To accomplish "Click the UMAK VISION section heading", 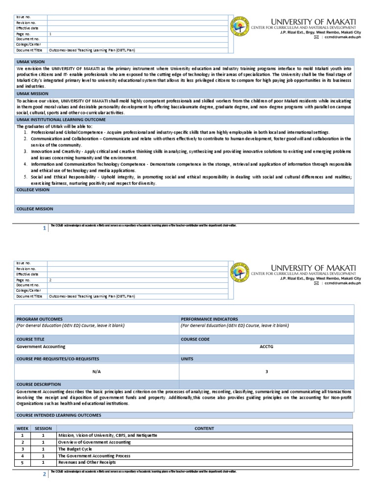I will pos(30,62).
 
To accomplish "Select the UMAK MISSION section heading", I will pos(31,94).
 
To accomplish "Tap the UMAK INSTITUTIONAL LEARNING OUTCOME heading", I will pos(61,120).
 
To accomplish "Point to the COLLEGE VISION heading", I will pos(33,189).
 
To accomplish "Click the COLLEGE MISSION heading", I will pos(35,209).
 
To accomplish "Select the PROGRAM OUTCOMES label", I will pos(40,319).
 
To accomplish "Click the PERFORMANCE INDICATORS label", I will pos(209,319).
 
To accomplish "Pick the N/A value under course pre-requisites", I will pos(96,371).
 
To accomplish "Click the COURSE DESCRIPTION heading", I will pos(39,385).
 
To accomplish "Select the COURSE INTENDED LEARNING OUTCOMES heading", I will pos(59,415).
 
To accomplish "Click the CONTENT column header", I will pos(204,428).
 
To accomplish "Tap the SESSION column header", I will pos(43,428).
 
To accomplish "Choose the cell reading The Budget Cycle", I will pos(75,449).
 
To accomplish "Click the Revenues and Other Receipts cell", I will pos(87,462).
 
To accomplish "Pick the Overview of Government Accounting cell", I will pos(94,442).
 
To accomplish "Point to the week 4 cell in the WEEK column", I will pos(22,455).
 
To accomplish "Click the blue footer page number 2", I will pos(44,474).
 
